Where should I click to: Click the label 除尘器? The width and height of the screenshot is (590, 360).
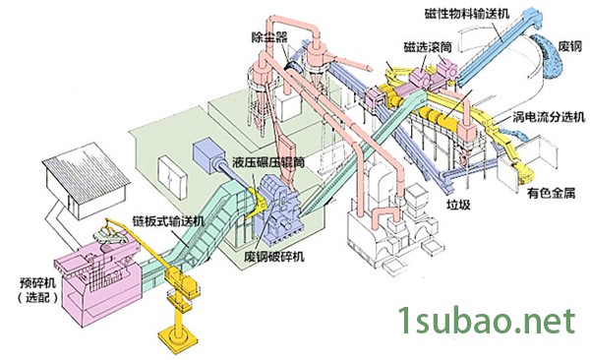click(x=269, y=36)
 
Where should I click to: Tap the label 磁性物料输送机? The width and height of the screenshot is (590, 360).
click(x=466, y=14)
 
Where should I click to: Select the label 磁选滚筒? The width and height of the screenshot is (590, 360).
click(x=428, y=47)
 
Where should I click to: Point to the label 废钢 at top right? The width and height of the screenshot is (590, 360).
click(x=569, y=46)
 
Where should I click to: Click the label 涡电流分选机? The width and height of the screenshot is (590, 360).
click(x=549, y=117)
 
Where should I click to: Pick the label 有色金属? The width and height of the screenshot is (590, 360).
click(x=552, y=194)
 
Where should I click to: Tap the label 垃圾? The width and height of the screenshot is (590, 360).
click(x=458, y=205)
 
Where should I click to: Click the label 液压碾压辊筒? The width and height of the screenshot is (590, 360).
click(x=268, y=162)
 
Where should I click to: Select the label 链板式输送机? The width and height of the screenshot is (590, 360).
click(x=169, y=220)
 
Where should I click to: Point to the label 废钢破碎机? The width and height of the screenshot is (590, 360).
click(x=274, y=257)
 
